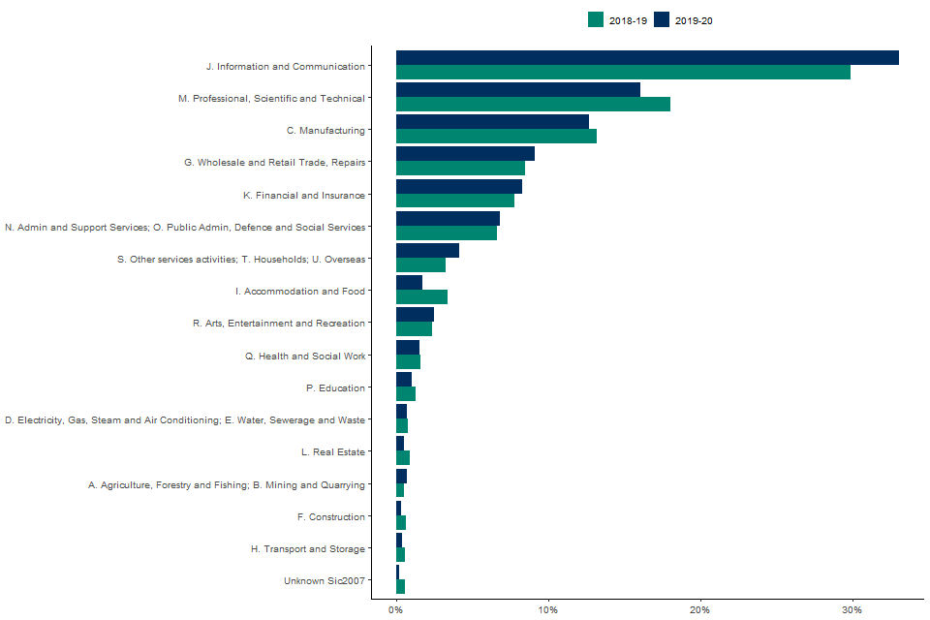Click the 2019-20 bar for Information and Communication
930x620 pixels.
pos(647,57)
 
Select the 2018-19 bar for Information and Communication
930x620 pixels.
pos(623,72)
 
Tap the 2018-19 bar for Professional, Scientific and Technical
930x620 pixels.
pos(533,105)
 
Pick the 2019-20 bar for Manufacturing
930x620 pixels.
pos(492,121)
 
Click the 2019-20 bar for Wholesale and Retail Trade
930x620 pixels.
pos(465,153)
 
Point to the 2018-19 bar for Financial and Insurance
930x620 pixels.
pos(455,201)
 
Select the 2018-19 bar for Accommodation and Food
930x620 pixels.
pos(421,297)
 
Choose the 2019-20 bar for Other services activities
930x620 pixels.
pos(427,250)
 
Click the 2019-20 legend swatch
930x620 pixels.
pos(663,20)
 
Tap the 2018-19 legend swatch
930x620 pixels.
pos(596,20)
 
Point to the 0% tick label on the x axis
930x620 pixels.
pos(396,608)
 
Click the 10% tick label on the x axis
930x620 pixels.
pos(548,608)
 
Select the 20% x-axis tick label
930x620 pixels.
pos(700,608)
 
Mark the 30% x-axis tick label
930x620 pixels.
pos(852,608)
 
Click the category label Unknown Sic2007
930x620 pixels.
pos(325,581)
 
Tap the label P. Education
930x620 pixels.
pos(335,387)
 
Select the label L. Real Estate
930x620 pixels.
pos(333,452)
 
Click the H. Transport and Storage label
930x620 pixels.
pos(308,549)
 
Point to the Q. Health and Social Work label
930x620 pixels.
pos(305,356)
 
